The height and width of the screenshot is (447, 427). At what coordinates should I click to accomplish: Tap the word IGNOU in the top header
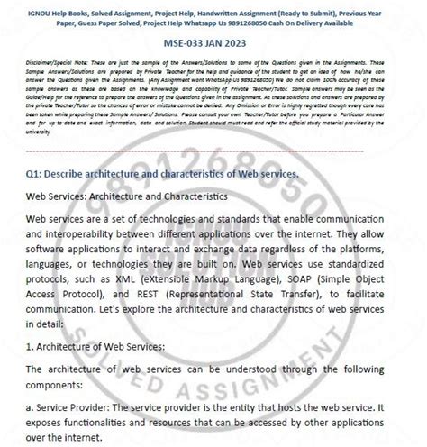coord(39,6)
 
